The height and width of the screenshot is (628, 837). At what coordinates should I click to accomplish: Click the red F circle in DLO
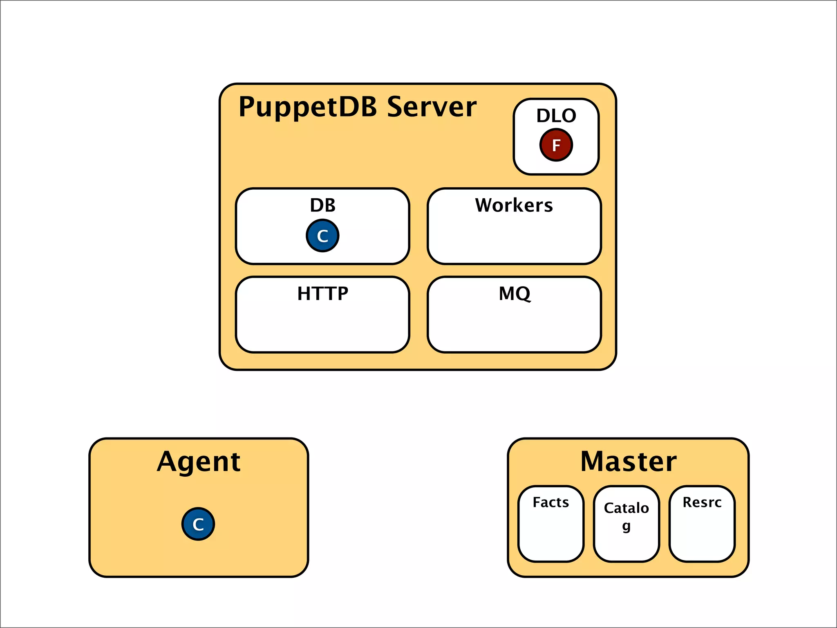(556, 145)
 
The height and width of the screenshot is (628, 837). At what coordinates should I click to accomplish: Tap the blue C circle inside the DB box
(322, 235)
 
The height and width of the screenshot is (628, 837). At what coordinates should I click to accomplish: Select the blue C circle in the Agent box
(198, 524)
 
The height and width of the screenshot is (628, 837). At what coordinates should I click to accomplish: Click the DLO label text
(556, 116)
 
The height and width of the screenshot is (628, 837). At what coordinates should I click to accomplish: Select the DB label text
(322, 205)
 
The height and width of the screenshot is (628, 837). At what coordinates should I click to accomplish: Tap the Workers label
(514, 205)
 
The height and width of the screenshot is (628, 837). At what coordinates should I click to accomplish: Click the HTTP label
(322, 294)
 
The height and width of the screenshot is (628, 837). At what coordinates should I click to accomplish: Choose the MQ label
(514, 294)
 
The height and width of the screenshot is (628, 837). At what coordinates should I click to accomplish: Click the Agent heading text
(199, 462)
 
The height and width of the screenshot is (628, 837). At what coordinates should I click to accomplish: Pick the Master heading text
(628, 461)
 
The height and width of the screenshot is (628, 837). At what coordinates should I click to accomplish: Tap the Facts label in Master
(551, 502)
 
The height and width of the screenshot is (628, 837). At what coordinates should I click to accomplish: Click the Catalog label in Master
(626, 508)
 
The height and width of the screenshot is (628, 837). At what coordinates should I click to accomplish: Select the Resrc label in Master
(702, 502)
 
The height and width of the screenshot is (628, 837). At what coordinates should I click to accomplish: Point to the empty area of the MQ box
(514, 327)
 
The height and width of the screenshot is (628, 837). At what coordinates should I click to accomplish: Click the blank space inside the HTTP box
(322, 327)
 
